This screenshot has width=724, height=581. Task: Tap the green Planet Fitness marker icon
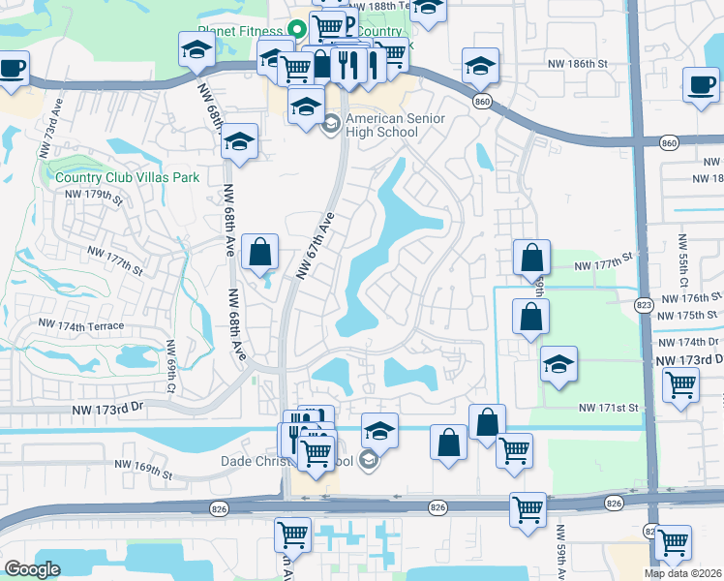(296, 29)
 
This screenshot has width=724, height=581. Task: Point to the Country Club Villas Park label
(127, 177)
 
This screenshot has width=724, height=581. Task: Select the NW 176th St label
(688, 298)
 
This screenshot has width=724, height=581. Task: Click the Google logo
(32, 570)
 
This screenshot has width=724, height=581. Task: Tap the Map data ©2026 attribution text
(683, 573)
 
